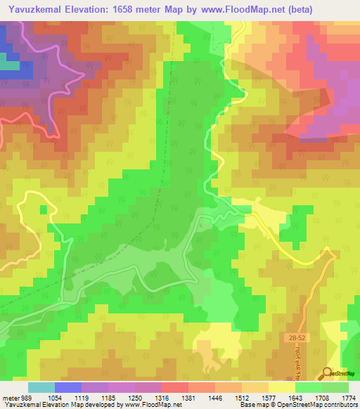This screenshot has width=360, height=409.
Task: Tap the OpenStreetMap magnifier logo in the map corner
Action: click(328, 373)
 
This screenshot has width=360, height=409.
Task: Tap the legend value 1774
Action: click(347, 396)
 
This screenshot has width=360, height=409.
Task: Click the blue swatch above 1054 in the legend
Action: click(68, 387)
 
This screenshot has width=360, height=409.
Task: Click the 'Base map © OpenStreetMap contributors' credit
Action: click(297, 405)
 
